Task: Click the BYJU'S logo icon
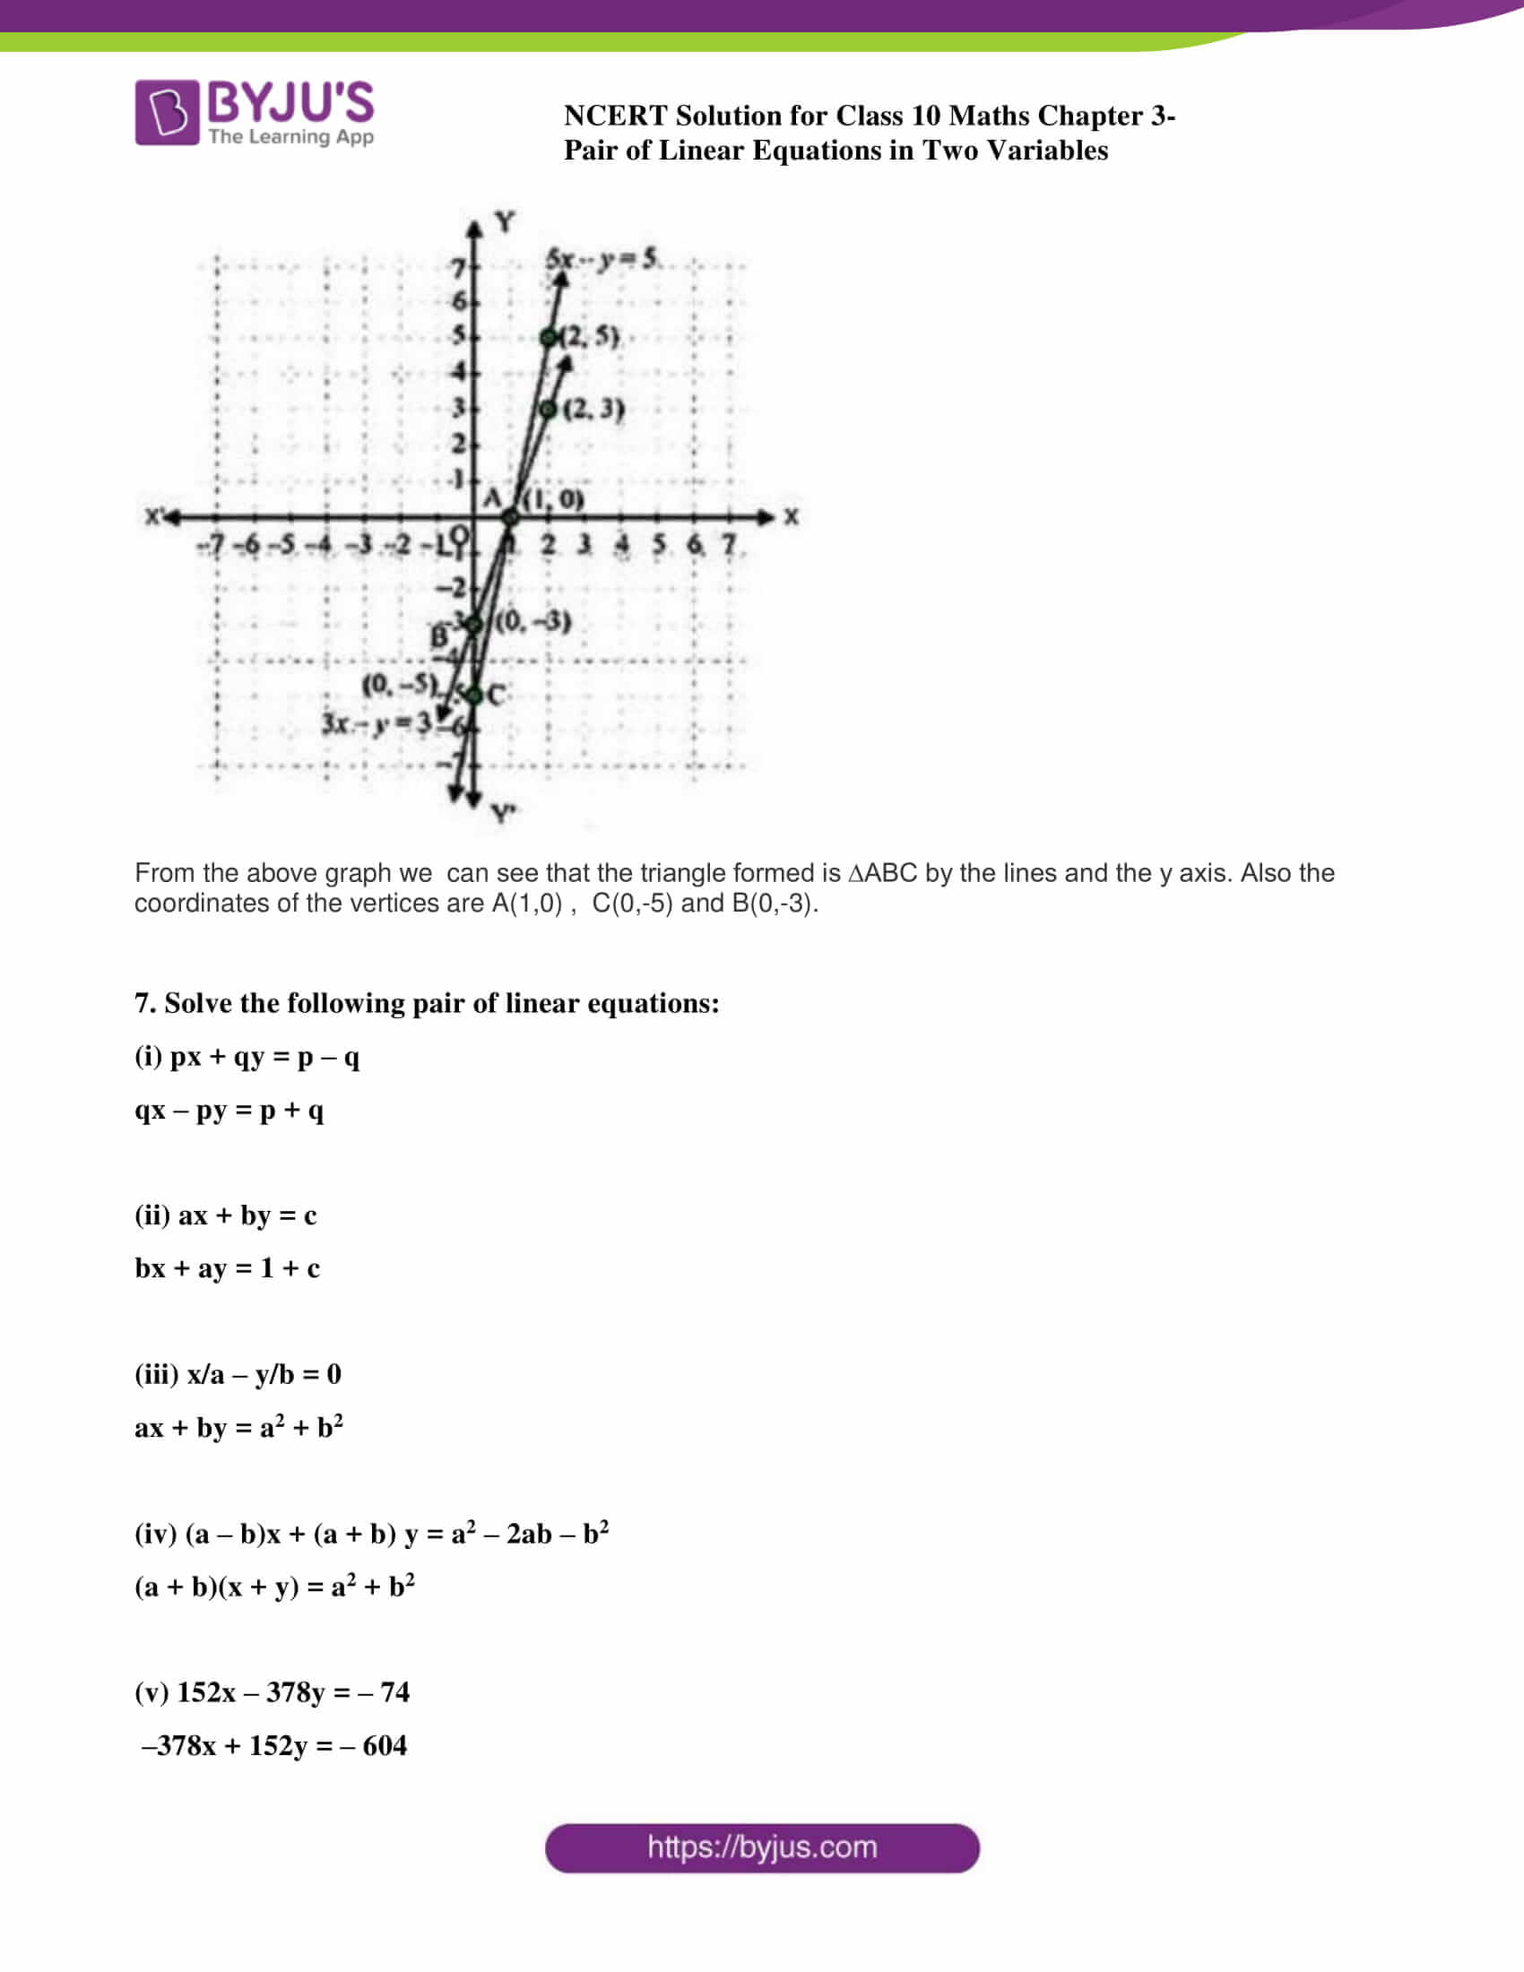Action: pos(167,113)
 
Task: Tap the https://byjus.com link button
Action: pos(762,1847)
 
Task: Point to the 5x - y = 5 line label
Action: pos(603,259)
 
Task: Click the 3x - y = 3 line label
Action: pos(377,722)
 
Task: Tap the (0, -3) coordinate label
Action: pos(533,621)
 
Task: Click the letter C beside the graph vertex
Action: pos(496,695)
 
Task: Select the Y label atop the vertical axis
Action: pos(505,221)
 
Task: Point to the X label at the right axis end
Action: pos(791,516)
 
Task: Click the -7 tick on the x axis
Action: pos(212,545)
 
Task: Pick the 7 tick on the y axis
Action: pos(459,267)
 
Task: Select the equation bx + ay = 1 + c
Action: pos(227,1268)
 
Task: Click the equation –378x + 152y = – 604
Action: pos(273,1745)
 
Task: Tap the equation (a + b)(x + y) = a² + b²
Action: pos(274,1587)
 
